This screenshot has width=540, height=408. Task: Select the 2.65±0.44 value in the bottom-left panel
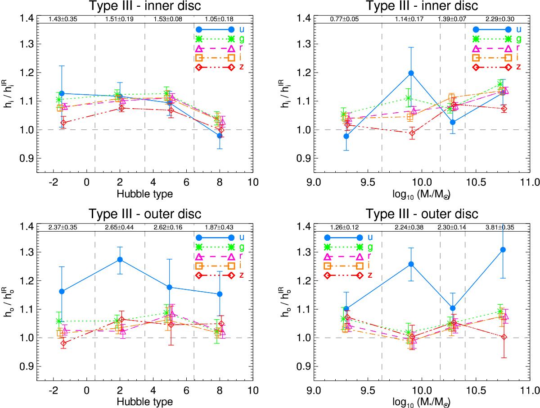pyautogui.click(x=120, y=227)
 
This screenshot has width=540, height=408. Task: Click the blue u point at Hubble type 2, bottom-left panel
pyautogui.click(x=120, y=260)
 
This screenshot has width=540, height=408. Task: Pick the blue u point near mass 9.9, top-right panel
pyautogui.click(x=411, y=73)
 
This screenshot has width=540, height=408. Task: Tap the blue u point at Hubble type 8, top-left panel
pyautogui.click(x=220, y=135)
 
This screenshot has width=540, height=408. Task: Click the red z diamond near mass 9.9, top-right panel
pyautogui.click(x=412, y=133)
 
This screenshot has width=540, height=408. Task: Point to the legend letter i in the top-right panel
pyautogui.click(x=518, y=58)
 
